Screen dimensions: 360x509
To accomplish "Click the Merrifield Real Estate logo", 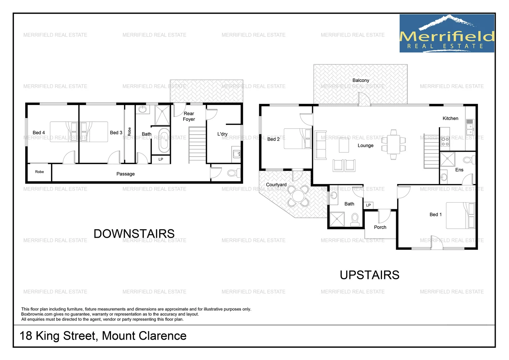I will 447,33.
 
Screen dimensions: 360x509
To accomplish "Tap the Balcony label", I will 361,80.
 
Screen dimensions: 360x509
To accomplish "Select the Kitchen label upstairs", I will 450,118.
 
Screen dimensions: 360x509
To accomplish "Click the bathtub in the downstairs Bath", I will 164,140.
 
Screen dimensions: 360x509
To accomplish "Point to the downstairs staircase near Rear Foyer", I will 197,145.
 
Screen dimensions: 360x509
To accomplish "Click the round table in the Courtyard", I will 298,196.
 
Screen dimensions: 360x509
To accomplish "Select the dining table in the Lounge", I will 393,144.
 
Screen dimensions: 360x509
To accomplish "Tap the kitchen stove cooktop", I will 445,142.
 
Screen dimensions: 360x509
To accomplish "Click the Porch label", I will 380,227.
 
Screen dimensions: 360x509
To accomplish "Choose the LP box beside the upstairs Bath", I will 368,205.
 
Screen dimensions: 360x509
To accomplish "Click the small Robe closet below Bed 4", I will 39,172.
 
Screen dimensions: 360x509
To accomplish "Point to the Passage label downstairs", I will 126,174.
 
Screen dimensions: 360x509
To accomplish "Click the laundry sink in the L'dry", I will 237,154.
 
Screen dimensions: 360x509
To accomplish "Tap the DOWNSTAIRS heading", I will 134,234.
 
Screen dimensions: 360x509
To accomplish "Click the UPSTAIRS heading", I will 369,275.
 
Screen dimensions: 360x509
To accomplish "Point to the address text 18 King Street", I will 103,336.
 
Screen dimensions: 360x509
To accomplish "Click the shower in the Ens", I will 447,159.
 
